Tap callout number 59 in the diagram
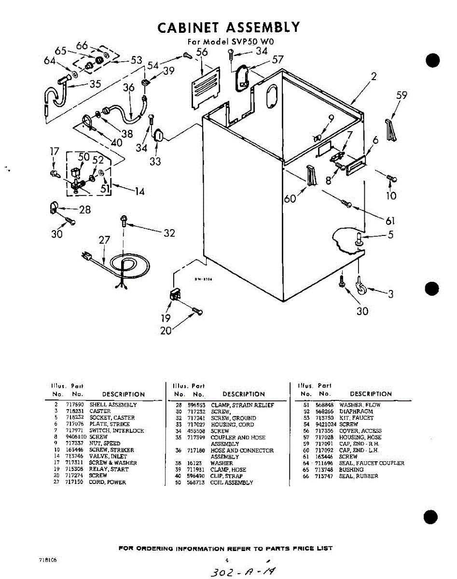tap(402, 96)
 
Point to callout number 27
tap(104, 240)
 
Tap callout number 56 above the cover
tap(202, 53)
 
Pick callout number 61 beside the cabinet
tap(390, 221)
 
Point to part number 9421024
tap(326, 424)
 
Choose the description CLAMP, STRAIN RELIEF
tap(242, 405)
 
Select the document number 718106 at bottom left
tap(48, 561)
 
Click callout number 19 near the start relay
tap(166, 318)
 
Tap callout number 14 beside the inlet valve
tap(139, 192)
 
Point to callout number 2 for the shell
tap(374, 76)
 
